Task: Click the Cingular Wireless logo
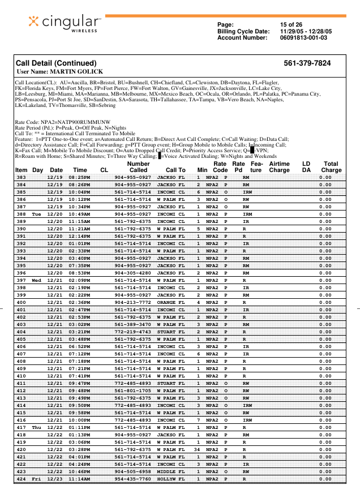pos(65,23)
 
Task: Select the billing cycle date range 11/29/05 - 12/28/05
pos(306,31)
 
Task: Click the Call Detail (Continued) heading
pos(56,63)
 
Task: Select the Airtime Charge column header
pos(279,166)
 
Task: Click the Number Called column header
pos(138,166)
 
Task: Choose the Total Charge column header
pos(331,166)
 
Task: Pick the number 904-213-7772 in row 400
pos(132,303)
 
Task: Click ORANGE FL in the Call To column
pos(171,303)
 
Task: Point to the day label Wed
pos(37,280)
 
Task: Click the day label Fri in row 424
pos(37,479)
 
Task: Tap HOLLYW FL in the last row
pos(171,479)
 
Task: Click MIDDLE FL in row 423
pos(171,471)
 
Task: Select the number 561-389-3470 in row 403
pos(132,324)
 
